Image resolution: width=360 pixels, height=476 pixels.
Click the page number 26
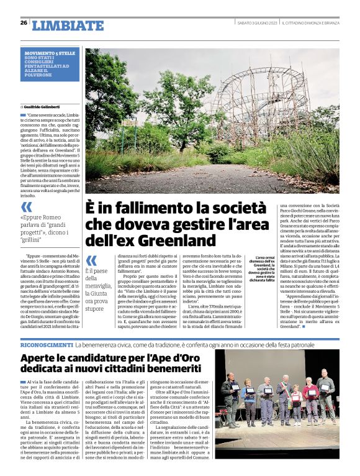[24, 23]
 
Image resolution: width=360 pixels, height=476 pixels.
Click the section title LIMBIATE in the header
[68, 25]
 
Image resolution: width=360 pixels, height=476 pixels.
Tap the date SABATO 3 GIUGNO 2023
[257, 23]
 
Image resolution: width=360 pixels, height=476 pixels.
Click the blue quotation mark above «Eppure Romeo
[26, 207]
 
